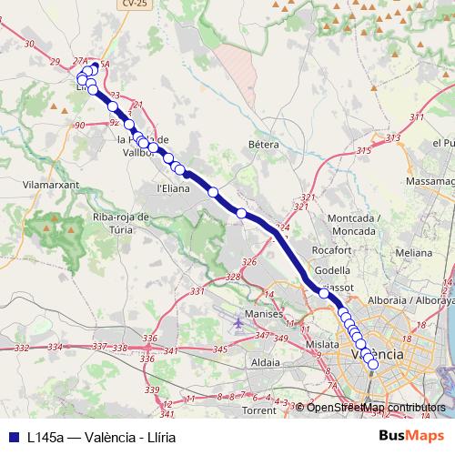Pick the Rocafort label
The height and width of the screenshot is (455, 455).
(331, 249)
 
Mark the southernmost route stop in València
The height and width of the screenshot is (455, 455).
(372, 364)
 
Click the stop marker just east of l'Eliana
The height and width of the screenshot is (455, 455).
(214, 192)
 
